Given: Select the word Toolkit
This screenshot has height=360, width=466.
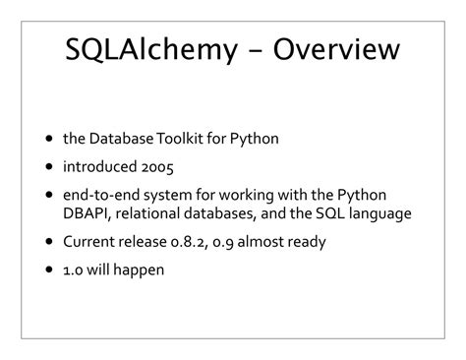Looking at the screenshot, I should pyautogui.click(x=185, y=139).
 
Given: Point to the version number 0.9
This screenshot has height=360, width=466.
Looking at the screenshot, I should pyautogui.click(x=237, y=241).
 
